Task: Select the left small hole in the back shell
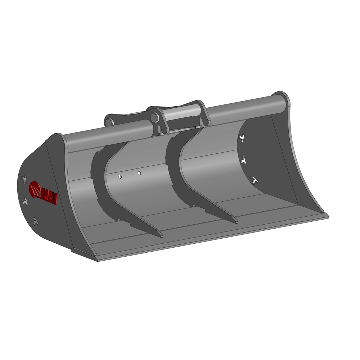[x=120, y=177]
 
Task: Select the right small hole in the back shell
[x=139, y=173]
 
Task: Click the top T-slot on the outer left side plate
[x=24, y=178]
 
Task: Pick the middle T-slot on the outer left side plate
[x=25, y=202]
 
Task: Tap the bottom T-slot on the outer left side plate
[x=35, y=221]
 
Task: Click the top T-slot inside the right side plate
[x=242, y=138]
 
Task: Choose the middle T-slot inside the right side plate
[x=244, y=161]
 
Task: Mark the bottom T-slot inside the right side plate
[x=255, y=180]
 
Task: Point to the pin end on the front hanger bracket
[x=155, y=117]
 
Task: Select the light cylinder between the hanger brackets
[x=182, y=114]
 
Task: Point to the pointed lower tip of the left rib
[x=161, y=236]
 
